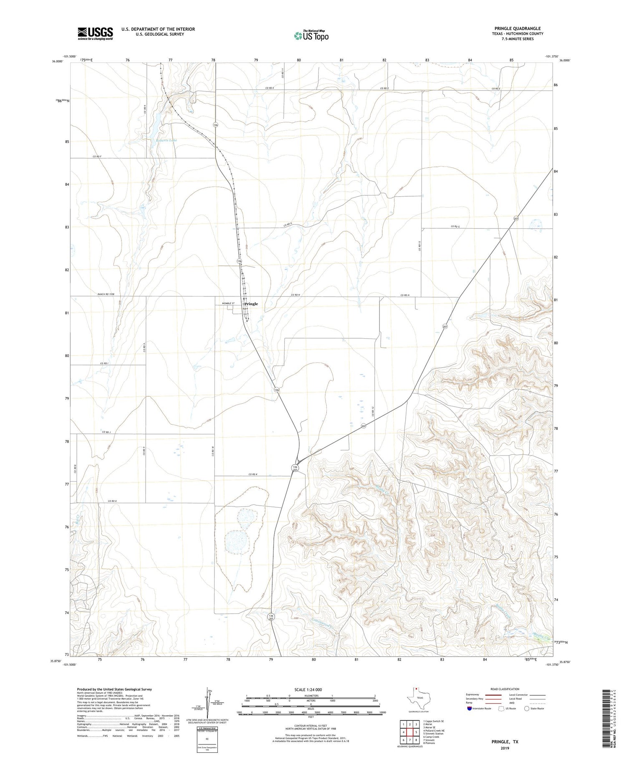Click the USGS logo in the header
pos(95,33)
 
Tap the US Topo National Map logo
pos(311,35)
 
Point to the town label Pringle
pos(251,304)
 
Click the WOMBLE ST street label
pos(228,303)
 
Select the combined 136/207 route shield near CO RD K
pos(295,468)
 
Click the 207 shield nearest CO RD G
pos(516,219)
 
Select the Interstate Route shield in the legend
pos(469,709)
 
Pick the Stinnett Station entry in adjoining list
pos(433,734)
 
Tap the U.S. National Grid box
pos(207,739)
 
